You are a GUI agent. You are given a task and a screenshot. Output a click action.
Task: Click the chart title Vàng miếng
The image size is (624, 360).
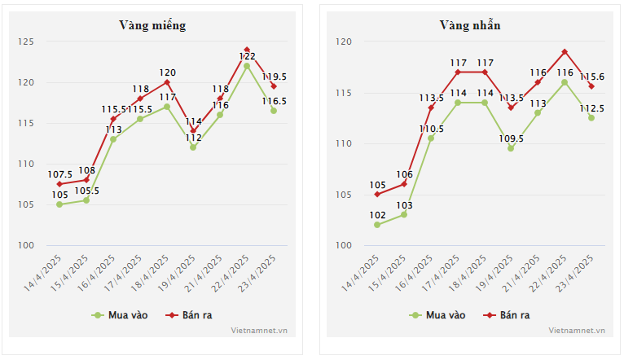point(152,25)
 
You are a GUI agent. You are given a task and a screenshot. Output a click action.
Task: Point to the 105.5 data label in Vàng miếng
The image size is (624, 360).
point(86,191)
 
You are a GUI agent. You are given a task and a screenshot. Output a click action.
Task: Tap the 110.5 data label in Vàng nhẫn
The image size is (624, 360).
point(431,129)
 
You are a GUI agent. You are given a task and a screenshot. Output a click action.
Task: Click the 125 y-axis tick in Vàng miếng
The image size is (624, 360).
point(28,42)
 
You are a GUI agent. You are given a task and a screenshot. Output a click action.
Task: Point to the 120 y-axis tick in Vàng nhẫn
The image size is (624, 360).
point(344,42)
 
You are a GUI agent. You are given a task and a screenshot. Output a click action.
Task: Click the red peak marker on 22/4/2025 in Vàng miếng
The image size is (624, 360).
point(247,50)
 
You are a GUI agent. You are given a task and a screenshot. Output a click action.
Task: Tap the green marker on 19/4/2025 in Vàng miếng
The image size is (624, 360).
point(193,147)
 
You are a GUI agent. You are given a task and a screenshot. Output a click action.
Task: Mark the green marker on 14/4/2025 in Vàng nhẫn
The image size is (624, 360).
point(377,225)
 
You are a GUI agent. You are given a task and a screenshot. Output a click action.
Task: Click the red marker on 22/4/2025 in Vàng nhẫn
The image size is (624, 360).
point(565,51)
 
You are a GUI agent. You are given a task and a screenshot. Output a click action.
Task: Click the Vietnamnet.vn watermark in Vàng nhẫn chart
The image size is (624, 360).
point(577,331)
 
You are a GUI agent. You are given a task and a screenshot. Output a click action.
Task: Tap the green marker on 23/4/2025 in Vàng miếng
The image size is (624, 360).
point(274,111)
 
